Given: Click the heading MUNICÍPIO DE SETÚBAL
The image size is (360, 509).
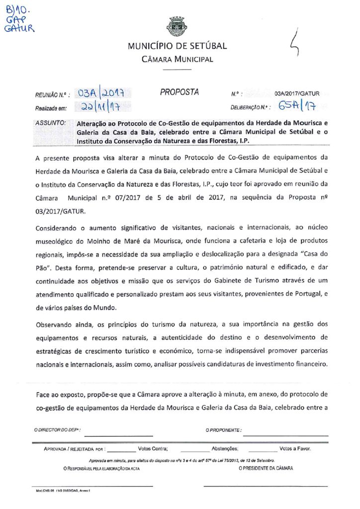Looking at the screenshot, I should (177, 46).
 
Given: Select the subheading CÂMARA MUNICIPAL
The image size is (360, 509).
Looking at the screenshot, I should (178, 60).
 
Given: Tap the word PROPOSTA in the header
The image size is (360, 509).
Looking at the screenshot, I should (179, 92).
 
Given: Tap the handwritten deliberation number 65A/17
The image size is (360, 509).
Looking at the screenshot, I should (298, 105).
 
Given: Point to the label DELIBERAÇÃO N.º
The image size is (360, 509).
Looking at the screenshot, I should (252, 107).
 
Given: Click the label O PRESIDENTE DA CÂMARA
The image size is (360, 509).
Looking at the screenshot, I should (266, 468).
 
